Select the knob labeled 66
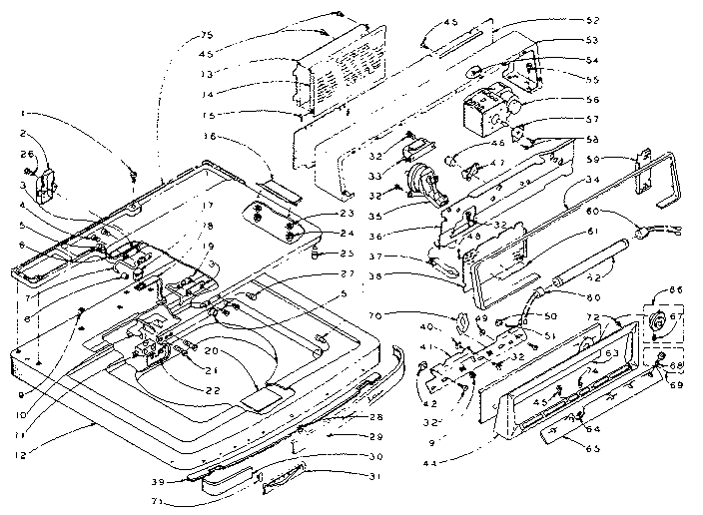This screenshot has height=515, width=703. (x=633, y=322)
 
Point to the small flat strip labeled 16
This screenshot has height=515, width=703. (x=276, y=186)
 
